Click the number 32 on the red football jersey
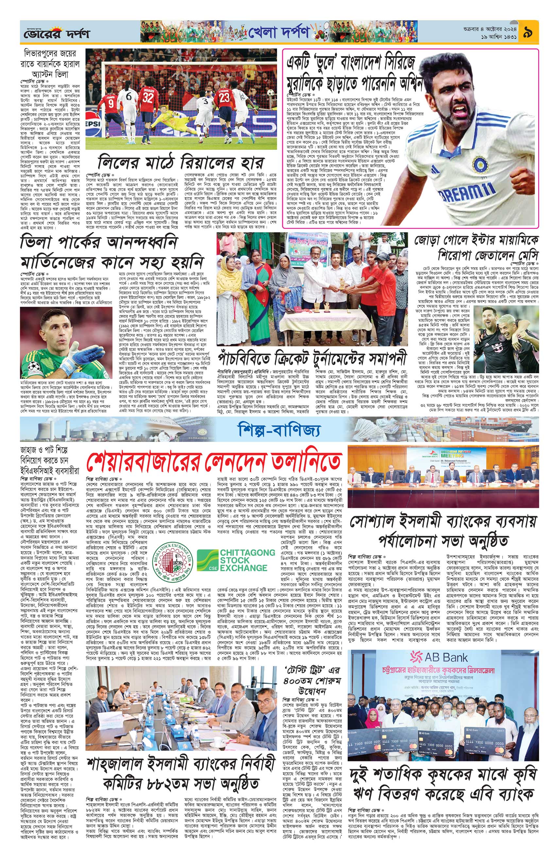coord(148,97)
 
